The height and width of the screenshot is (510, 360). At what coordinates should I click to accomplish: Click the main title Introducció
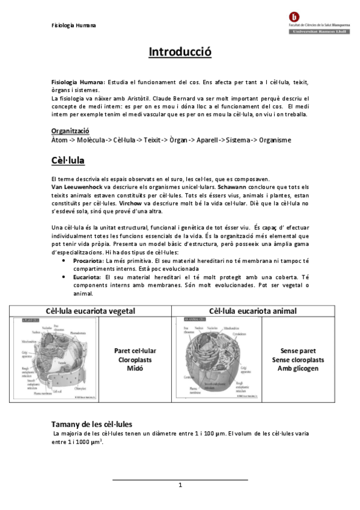click(180, 52)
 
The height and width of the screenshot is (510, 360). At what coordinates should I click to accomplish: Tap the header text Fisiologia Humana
click(73, 25)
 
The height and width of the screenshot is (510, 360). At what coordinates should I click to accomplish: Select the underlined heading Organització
click(70, 131)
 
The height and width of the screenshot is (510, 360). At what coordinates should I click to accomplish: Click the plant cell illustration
click(54, 358)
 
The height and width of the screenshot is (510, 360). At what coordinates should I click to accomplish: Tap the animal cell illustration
click(216, 358)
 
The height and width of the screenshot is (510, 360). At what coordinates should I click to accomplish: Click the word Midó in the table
click(135, 368)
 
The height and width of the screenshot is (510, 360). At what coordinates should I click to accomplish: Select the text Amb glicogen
click(298, 368)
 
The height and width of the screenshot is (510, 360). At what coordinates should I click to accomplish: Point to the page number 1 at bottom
click(180, 485)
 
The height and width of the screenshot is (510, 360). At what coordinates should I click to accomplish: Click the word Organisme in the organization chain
click(271, 140)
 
